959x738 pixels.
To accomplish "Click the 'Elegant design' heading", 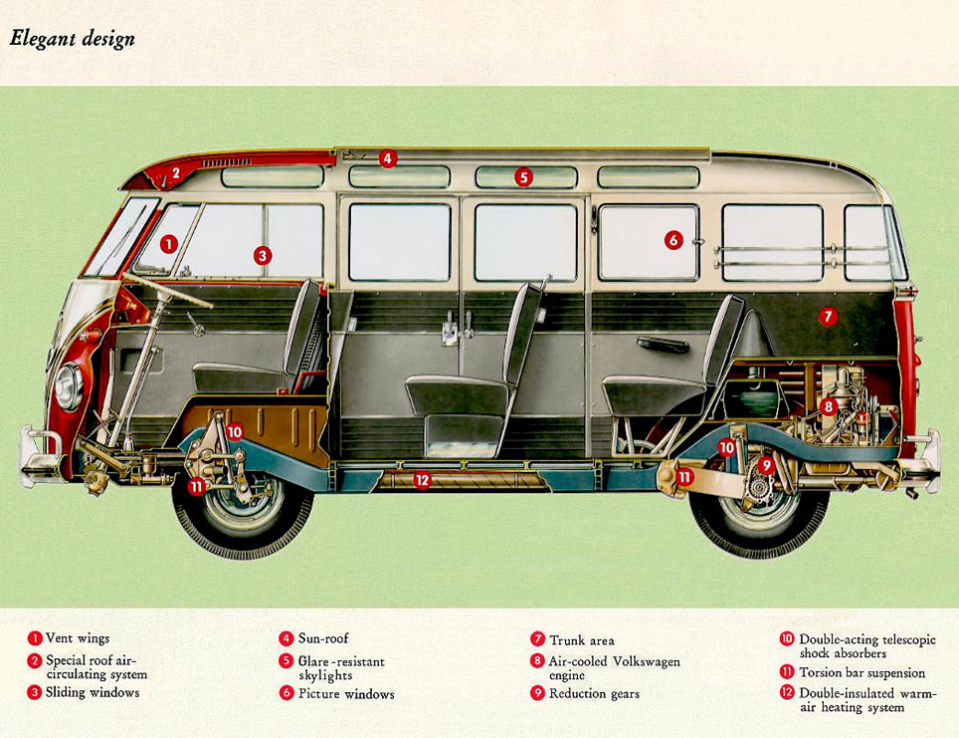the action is (x=72, y=40).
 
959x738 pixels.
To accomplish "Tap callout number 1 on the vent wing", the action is (x=169, y=242).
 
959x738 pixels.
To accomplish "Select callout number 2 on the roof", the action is (x=175, y=172).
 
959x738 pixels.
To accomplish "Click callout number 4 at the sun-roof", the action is (x=388, y=157).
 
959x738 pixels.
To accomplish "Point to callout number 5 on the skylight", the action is (x=523, y=177).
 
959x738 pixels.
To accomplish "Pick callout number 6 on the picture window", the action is (x=673, y=239).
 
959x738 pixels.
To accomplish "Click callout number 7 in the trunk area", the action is (x=828, y=316).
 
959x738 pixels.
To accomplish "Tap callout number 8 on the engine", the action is (x=828, y=406).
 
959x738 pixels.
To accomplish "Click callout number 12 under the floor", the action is (x=422, y=480).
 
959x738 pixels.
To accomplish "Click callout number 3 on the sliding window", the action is (x=262, y=255).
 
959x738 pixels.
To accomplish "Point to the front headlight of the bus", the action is (x=68, y=386).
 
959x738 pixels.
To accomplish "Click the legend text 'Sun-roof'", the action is (x=323, y=638).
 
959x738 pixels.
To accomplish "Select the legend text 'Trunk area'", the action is (x=581, y=640).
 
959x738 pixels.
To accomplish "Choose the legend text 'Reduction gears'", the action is (x=594, y=693).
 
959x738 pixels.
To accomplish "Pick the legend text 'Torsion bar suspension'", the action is (x=862, y=673).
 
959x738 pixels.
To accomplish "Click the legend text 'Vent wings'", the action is (x=78, y=638).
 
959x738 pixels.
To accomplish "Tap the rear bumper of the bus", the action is (x=925, y=458).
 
